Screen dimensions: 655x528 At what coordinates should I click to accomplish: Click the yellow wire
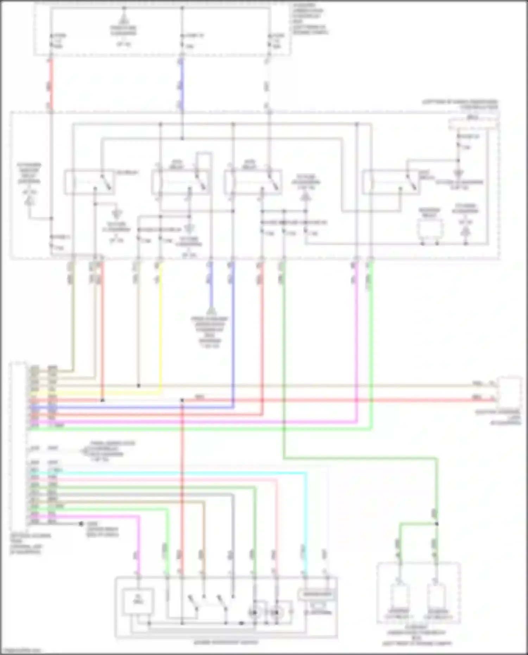tap(161, 327)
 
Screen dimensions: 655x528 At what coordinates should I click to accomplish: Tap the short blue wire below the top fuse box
tap(182, 84)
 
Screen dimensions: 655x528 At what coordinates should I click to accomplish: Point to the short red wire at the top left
tap(51, 84)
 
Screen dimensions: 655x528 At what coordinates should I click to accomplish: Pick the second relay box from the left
tap(181, 182)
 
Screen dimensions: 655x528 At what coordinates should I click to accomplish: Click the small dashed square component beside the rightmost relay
tap(429, 229)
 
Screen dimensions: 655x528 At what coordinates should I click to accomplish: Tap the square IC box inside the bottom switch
tap(138, 602)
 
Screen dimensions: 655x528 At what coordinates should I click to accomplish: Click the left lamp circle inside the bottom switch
tap(254, 613)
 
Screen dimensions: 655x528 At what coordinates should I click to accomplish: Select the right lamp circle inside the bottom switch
tap(276, 613)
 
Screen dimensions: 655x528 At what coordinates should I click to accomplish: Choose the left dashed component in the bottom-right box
tap(399, 598)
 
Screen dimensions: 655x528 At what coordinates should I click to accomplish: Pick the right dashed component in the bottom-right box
tap(437, 598)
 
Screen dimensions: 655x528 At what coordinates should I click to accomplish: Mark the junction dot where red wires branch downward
tap(182, 400)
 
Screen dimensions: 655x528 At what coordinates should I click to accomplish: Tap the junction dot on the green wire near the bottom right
tap(436, 524)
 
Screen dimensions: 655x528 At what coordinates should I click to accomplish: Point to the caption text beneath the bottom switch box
tap(226, 642)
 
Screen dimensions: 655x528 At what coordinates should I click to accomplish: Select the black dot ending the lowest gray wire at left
tap(81, 524)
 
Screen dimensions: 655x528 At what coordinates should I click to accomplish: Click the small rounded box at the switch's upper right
tap(317, 594)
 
